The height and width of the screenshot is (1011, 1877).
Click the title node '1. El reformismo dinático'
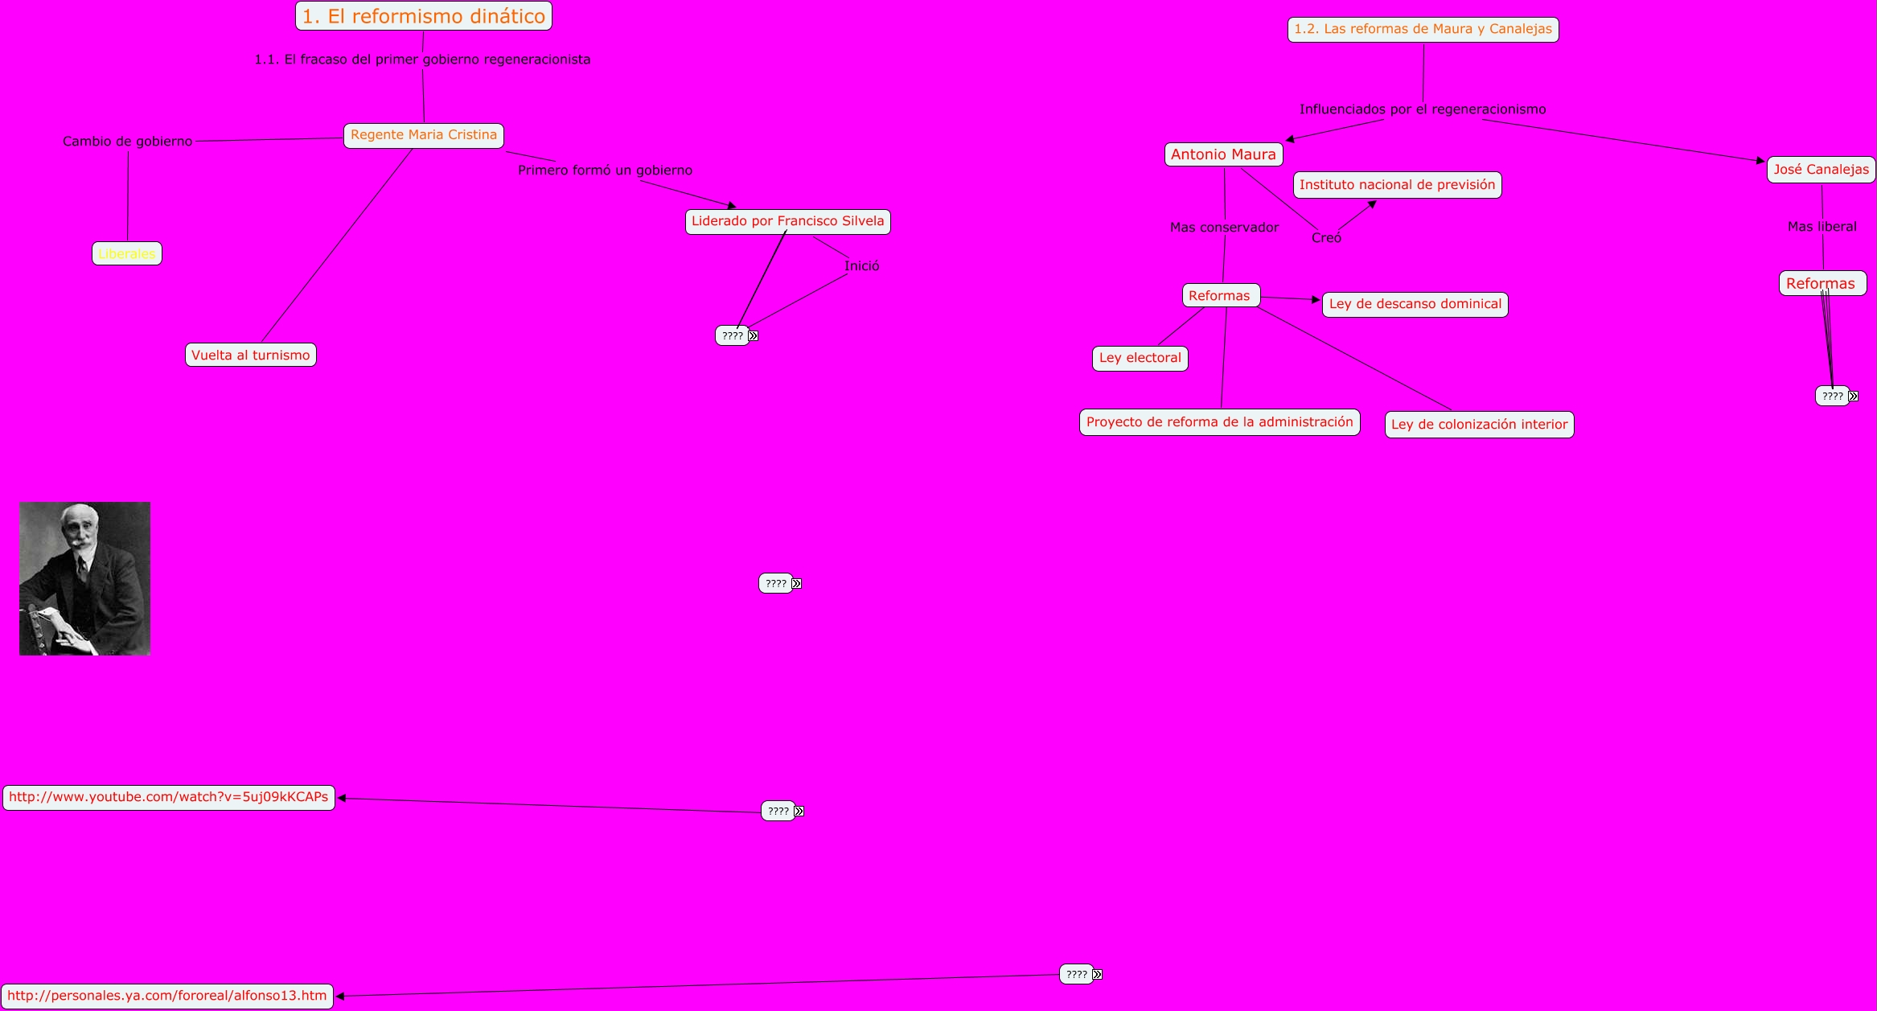(x=424, y=16)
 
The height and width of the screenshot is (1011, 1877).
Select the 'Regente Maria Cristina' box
(x=424, y=135)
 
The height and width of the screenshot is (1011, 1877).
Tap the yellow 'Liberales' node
(x=127, y=254)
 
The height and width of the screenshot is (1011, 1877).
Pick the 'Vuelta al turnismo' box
(x=251, y=355)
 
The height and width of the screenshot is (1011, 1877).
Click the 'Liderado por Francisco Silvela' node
(x=787, y=221)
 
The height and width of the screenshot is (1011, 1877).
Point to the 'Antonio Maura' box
(x=1223, y=154)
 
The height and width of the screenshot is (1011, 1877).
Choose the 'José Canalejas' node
(x=1821, y=170)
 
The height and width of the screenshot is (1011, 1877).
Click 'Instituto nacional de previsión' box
(x=1397, y=185)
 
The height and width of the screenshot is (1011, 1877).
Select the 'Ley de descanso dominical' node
(x=1415, y=304)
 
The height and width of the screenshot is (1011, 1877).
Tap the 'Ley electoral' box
(x=1140, y=358)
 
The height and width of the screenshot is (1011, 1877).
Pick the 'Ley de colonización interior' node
(x=1479, y=425)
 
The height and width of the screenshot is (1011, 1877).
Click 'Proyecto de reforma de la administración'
(x=1219, y=422)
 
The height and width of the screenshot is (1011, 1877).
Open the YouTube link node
(x=169, y=797)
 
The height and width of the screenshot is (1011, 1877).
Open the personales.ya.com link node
(x=167, y=996)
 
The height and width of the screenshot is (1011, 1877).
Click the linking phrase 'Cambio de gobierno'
(x=128, y=142)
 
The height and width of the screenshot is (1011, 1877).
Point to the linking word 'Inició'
(x=861, y=266)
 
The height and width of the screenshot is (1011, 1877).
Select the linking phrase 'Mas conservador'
(x=1224, y=228)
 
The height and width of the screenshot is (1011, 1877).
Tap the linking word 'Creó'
(x=1326, y=238)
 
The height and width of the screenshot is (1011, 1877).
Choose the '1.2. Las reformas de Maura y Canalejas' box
(x=1423, y=30)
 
